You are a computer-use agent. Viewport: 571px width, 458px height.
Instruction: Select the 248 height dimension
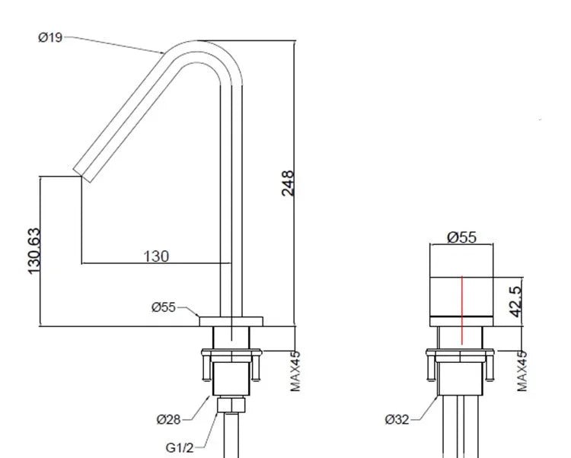288,183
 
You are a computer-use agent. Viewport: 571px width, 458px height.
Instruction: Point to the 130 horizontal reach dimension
156,256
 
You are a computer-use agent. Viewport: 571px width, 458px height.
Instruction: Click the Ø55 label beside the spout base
164,307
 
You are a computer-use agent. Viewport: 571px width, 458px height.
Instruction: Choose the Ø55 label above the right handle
461,237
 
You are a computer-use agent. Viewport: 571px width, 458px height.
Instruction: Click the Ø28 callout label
169,419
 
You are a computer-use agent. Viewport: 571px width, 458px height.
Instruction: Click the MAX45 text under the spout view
295,371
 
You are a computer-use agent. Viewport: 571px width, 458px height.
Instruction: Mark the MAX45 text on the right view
522,371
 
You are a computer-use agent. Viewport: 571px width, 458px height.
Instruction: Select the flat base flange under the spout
231,321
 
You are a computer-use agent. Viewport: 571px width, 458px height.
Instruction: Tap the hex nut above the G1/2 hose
231,405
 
